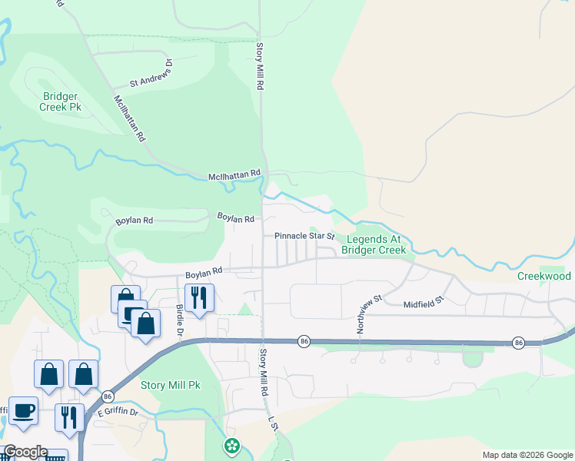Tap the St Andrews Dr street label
pos(151,72)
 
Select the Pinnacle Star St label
pos(305,236)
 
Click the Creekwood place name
pos(543,276)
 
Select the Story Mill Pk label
pos(170,385)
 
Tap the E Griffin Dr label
pos(117,413)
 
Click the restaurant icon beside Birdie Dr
pos(199,297)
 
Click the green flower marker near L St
pos(231,446)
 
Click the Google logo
pos(25,452)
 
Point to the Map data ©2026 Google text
pos(527,455)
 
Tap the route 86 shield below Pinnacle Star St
pos(304,341)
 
